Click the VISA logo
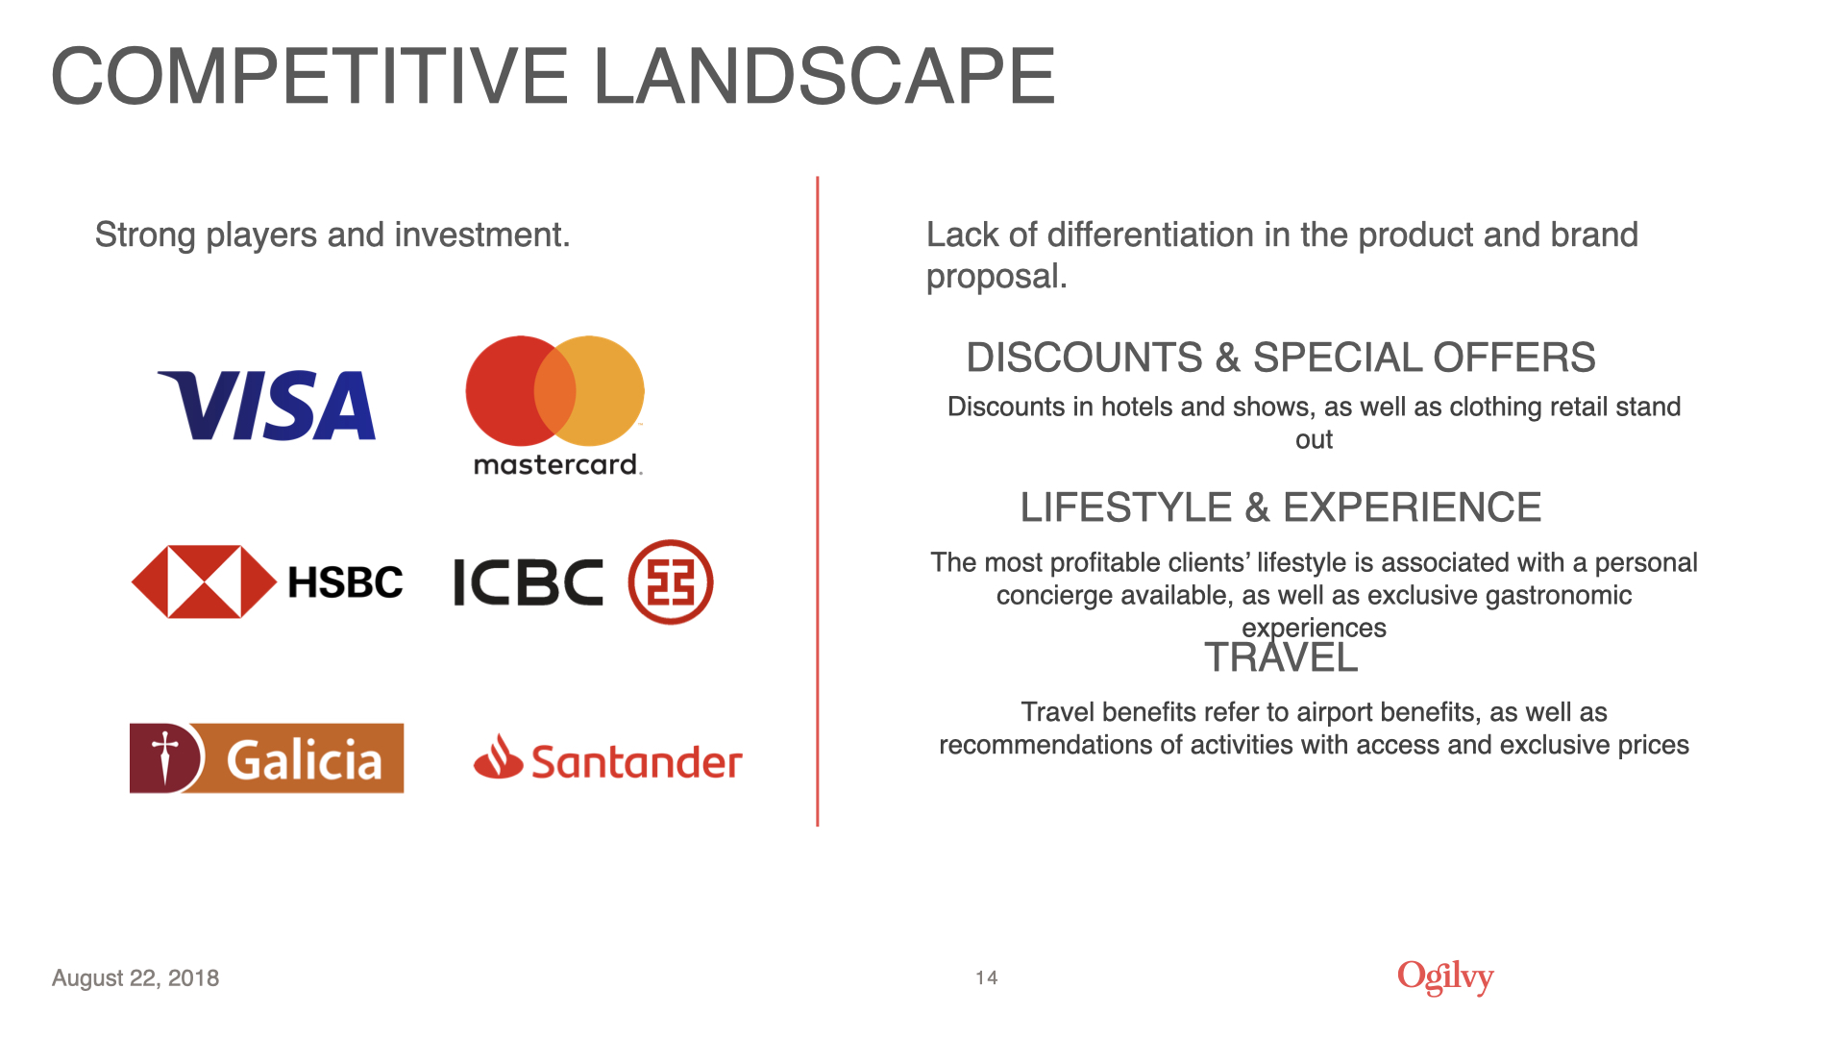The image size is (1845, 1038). click(266, 406)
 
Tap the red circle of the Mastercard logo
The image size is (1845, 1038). click(509, 391)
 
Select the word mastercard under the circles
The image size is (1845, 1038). click(557, 465)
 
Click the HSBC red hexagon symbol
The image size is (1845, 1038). click(204, 581)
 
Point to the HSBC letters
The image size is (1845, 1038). click(346, 582)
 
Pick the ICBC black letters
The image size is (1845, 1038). click(528, 582)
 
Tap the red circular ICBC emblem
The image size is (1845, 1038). click(671, 582)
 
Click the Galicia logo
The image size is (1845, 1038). click(267, 758)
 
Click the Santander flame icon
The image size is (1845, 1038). click(498, 756)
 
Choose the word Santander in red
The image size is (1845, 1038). click(637, 762)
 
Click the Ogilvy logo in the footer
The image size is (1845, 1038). click(1445, 977)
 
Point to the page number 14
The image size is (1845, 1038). click(987, 977)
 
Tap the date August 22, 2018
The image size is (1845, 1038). click(135, 978)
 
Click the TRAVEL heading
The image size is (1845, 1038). click(1281, 657)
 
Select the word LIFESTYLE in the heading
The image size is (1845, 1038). click(1126, 507)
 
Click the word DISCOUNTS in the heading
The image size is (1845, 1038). click(1084, 358)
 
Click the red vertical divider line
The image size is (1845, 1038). click(818, 501)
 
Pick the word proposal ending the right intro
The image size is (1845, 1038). click(996, 278)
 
